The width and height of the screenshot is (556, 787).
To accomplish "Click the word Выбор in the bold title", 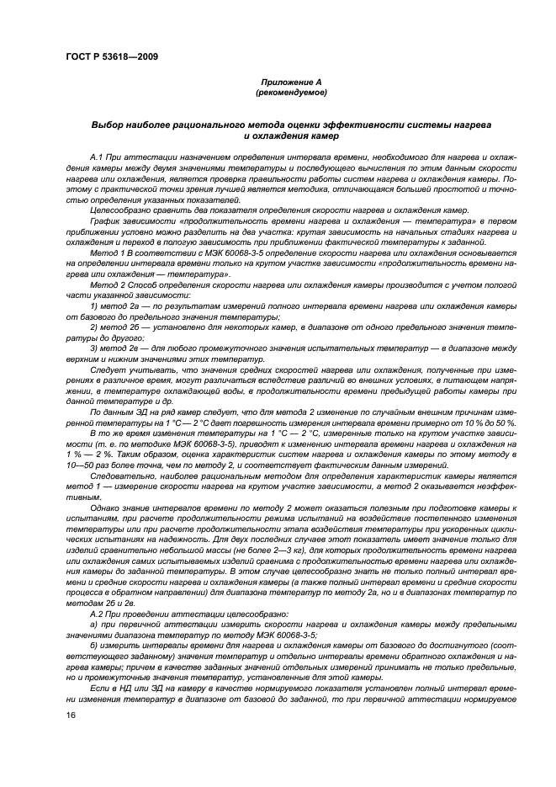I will pyautogui.click(x=109, y=124).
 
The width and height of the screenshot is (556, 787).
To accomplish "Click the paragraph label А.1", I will pyautogui.click(x=98, y=158).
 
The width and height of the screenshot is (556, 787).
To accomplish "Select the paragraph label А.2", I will pyautogui.click(x=98, y=614).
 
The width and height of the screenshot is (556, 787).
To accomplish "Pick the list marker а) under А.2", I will pyautogui.click(x=93, y=625).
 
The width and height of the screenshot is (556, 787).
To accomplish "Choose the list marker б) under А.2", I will pyautogui.click(x=93, y=646).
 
